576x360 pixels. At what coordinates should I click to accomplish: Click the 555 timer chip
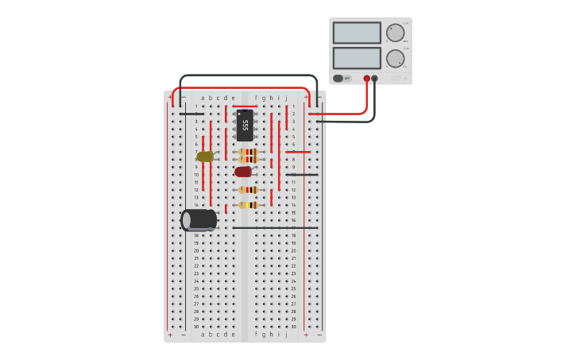click(x=245, y=126)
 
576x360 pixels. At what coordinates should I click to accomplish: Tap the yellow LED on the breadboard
click(x=205, y=157)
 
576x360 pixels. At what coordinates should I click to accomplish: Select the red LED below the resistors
click(x=243, y=172)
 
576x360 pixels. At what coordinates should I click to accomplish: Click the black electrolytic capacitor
click(x=199, y=219)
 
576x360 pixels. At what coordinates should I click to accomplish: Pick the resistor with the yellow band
click(x=249, y=205)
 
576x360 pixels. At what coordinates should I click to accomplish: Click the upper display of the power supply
click(x=357, y=33)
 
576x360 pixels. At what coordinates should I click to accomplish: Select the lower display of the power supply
click(x=357, y=58)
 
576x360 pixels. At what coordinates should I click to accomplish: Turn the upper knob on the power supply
click(x=395, y=33)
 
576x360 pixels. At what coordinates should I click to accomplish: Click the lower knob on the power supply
click(x=395, y=59)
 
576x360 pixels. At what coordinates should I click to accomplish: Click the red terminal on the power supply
click(x=366, y=79)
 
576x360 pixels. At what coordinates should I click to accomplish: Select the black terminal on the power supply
click(x=375, y=79)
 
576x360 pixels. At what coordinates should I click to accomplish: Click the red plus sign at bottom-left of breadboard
click(x=170, y=335)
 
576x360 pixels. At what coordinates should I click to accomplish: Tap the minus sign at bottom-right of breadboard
click(x=319, y=335)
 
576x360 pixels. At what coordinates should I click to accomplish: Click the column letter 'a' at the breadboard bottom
click(x=203, y=335)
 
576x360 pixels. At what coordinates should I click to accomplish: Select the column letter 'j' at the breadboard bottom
click(x=286, y=335)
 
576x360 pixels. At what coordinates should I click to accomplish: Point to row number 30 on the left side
click(x=196, y=327)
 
